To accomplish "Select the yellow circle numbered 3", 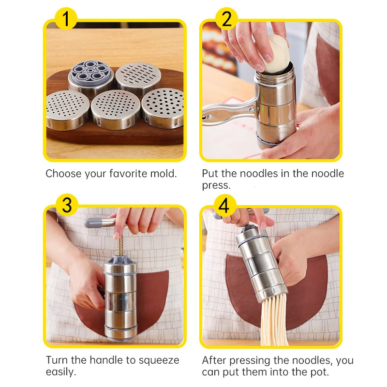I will point(67,205).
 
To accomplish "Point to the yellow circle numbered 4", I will point(223,205).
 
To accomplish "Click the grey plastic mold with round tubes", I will point(90,74).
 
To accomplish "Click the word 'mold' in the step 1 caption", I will point(162,174).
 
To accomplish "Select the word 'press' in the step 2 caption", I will point(215,185).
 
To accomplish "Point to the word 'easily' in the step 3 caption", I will point(61,372).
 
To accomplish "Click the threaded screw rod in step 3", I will point(118,245).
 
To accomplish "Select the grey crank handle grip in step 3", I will point(97,223).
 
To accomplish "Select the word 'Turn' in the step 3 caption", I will point(56,360).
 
